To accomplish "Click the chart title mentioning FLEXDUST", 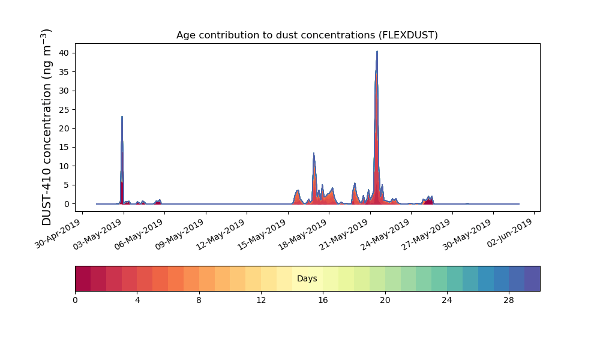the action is click(x=307, y=35).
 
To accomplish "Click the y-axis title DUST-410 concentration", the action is click(x=46, y=127).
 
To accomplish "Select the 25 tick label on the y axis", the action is click(x=64, y=109).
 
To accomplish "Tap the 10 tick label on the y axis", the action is click(x=64, y=166).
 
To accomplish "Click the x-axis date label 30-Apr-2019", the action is click(x=58, y=234).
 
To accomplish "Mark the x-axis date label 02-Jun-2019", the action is click(x=511, y=234).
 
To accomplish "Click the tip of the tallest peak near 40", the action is click(x=377, y=51).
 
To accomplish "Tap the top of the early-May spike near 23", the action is click(x=122, y=116).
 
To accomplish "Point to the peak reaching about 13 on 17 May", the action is click(x=314, y=154).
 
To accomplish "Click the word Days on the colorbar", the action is click(x=307, y=278).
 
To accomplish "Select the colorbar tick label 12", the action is click(x=261, y=301).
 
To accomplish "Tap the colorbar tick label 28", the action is click(x=509, y=301).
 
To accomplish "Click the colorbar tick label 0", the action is click(x=75, y=301).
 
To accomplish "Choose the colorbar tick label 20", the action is click(x=385, y=301).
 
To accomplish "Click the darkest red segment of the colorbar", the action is click(x=83, y=278).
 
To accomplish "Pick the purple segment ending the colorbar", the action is click(x=532, y=278).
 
